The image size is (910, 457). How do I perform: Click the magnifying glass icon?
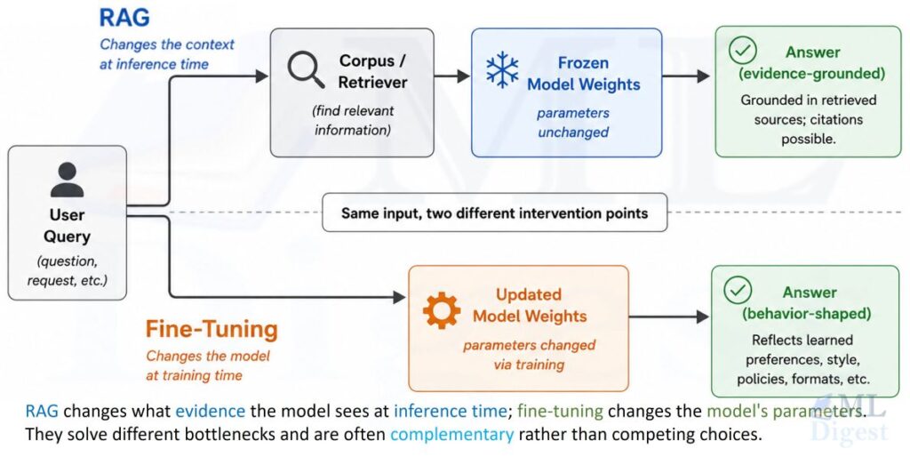coord(306,69)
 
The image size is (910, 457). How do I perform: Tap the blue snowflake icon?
coord(502,70)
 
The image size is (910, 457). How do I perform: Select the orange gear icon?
coord(442,310)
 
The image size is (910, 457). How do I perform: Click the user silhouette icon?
coord(68,180)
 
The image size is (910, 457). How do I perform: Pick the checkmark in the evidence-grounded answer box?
coord(742,51)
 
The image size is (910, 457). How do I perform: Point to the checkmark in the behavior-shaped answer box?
coord(738,291)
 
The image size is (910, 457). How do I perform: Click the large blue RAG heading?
coord(124,18)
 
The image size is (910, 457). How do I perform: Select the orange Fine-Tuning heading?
coord(212,329)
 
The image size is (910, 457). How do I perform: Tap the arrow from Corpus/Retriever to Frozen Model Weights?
coord(452,76)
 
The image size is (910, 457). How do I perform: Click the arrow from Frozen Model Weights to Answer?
coord(686,76)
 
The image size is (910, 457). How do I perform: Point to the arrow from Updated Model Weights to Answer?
coord(669,317)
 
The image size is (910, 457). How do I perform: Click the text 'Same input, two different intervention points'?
coord(494,213)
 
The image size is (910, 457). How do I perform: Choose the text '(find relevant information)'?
coord(353,120)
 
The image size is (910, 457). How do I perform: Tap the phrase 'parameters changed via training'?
coord(529,355)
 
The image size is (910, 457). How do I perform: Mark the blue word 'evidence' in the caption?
coord(210,411)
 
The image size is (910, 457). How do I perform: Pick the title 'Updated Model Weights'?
coord(530,305)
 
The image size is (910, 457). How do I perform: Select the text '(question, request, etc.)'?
coord(68,270)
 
